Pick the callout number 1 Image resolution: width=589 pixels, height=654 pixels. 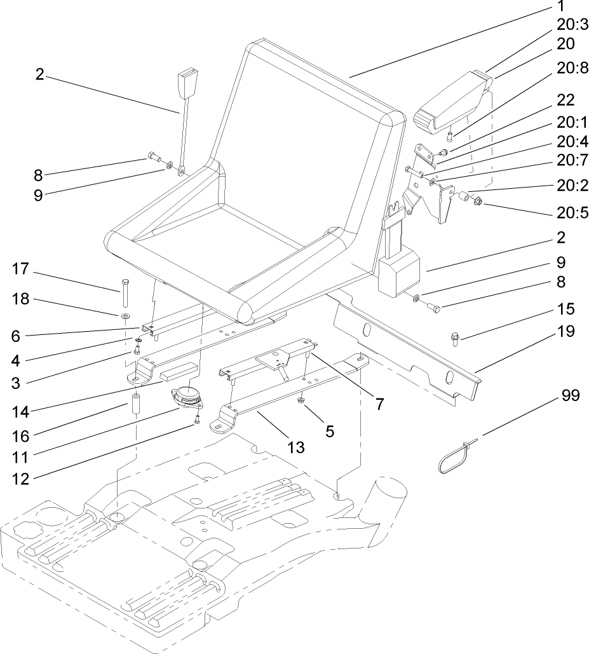coord(560,7)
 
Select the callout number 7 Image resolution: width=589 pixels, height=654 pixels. coord(379,403)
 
